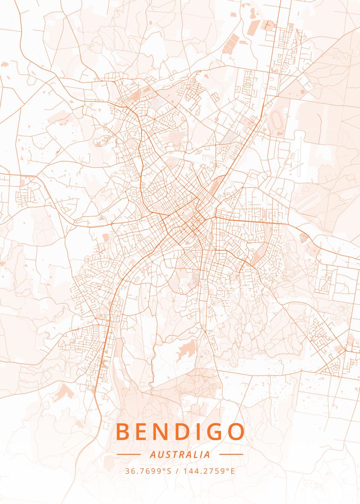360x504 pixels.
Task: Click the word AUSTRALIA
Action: point(180,454)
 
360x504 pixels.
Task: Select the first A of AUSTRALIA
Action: point(152,454)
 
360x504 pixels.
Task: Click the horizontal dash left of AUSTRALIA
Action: point(129,454)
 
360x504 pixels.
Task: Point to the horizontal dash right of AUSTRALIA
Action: point(231,454)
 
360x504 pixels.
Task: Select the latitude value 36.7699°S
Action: point(148,471)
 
